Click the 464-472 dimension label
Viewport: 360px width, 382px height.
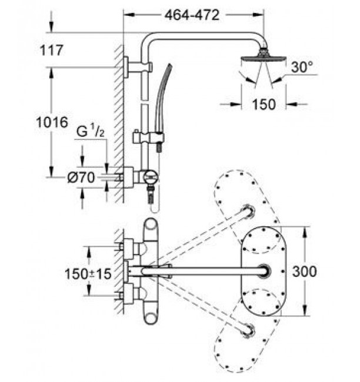(192, 15)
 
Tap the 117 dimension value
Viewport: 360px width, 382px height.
(51, 50)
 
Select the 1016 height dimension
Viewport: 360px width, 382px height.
(52, 122)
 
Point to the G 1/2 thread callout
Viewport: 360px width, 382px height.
(91, 131)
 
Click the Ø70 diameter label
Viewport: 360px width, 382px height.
(81, 177)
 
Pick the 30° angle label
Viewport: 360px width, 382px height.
(302, 67)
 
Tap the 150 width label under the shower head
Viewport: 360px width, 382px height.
(264, 104)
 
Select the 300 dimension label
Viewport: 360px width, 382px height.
(304, 271)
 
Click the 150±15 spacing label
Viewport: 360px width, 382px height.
(88, 274)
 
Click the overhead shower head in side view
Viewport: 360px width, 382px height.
(264, 58)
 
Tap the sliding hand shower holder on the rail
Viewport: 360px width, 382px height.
(149, 138)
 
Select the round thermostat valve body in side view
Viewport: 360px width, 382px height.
(151, 177)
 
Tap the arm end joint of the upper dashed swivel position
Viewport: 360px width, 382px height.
(249, 210)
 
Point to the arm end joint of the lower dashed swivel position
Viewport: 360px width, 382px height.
(249, 331)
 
